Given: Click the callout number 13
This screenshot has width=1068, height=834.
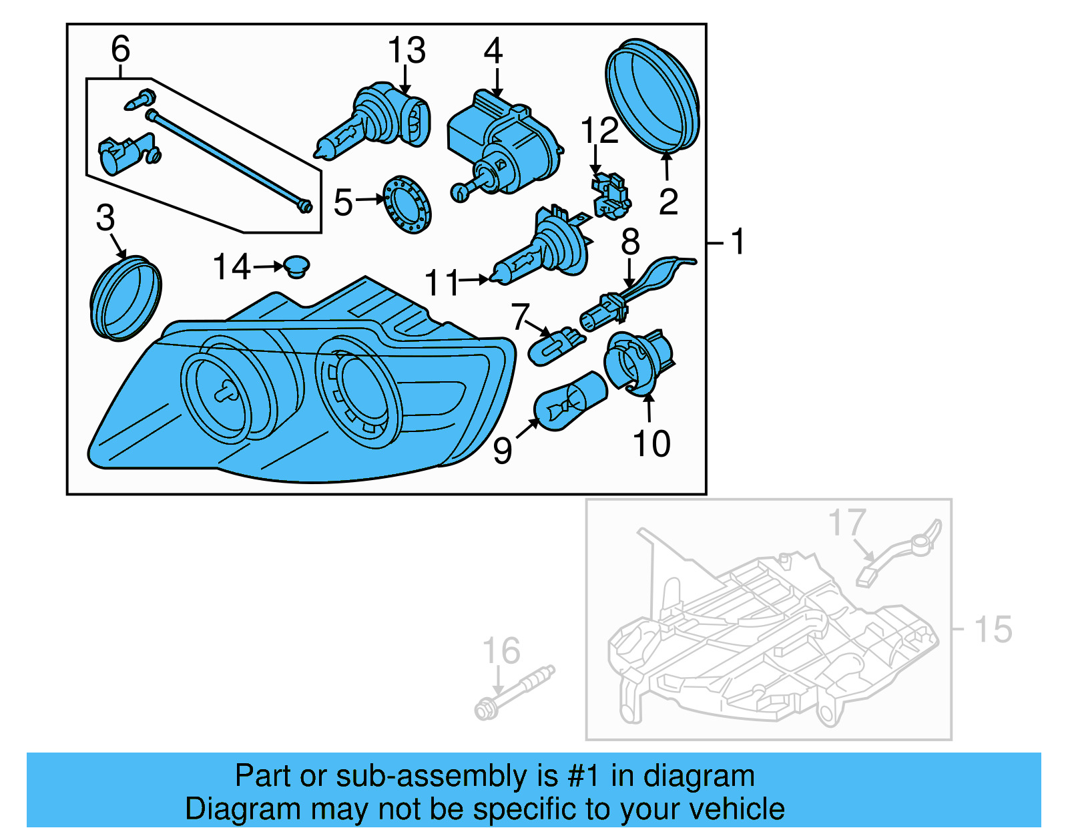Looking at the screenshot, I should point(407,51).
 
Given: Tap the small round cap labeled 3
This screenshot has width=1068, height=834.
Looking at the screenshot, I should point(125,298).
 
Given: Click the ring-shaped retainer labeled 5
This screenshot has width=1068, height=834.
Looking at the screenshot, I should point(407,204).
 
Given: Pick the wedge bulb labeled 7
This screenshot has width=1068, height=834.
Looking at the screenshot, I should point(555,346).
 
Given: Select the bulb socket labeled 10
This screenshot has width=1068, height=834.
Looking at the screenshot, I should point(637,361).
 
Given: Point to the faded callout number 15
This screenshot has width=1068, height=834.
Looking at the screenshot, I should point(993,630).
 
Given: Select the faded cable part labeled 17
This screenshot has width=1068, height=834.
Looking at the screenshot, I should point(901,551).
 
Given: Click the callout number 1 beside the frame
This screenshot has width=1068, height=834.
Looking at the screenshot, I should point(738,241).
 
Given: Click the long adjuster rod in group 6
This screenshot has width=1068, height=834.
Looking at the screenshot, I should point(227,160).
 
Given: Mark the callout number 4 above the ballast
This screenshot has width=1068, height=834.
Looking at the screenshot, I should point(493,51).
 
